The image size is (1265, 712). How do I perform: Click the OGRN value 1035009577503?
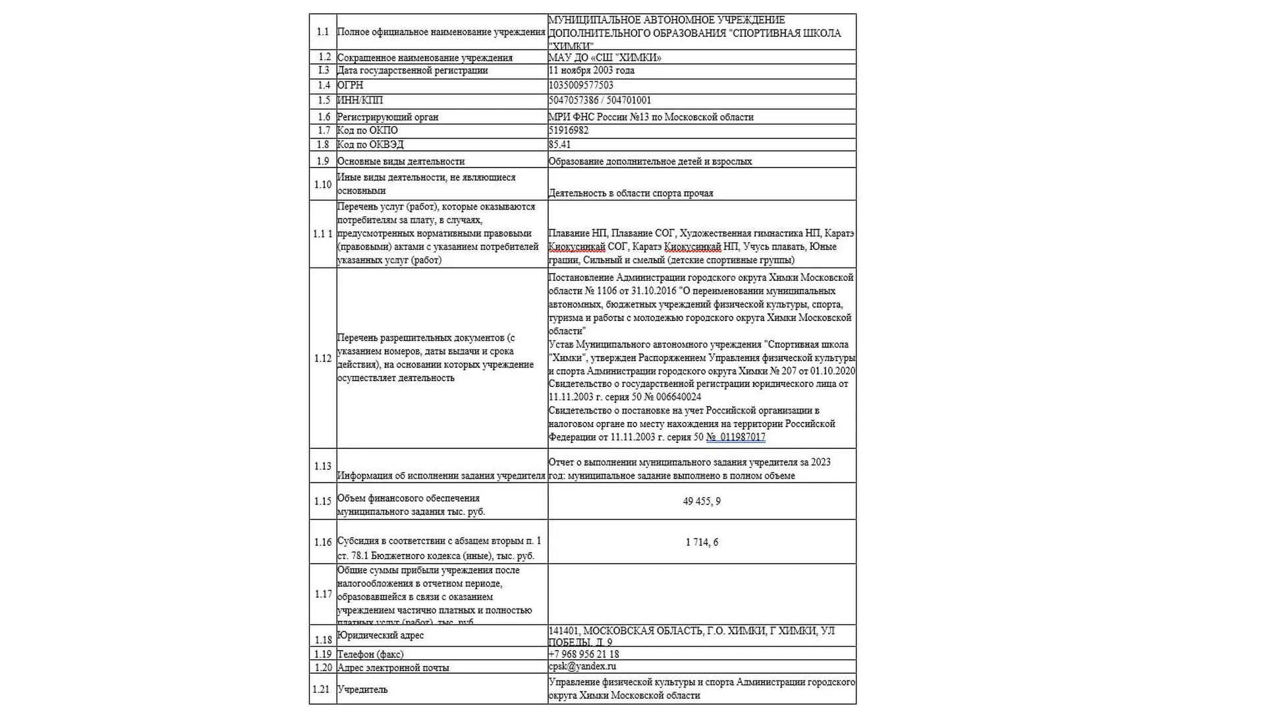(x=580, y=85)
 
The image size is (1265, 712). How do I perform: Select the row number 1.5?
(x=323, y=100)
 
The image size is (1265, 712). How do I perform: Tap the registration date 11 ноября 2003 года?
(x=591, y=71)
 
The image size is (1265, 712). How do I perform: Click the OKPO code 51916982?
(x=568, y=131)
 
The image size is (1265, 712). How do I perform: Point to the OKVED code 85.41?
(x=559, y=144)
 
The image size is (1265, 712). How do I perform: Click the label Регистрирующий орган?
(x=387, y=117)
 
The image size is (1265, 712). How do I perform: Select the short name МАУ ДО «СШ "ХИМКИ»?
(x=604, y=57)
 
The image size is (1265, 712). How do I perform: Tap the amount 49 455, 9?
(x=701, y=502)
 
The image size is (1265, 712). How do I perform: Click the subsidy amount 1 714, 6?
(x=701, y=543)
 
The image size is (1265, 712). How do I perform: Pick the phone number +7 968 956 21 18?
(x=583, y=654)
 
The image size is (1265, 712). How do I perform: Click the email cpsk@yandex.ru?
(x=582, y=667)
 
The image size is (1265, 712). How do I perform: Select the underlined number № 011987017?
(x=735, y=437)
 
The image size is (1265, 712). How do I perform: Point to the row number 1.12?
(x=323, y=359)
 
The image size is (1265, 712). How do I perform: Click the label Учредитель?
(x=362, y=690)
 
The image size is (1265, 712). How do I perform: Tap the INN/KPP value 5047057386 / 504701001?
(x=600, y=100)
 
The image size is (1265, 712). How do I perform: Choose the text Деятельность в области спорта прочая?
(x=631, y=193)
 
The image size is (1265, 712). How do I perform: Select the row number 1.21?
(x=322, y=690)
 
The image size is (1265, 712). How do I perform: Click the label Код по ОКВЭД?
(x=370, y=144)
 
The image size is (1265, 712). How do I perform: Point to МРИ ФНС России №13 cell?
(x=650, y=117)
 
